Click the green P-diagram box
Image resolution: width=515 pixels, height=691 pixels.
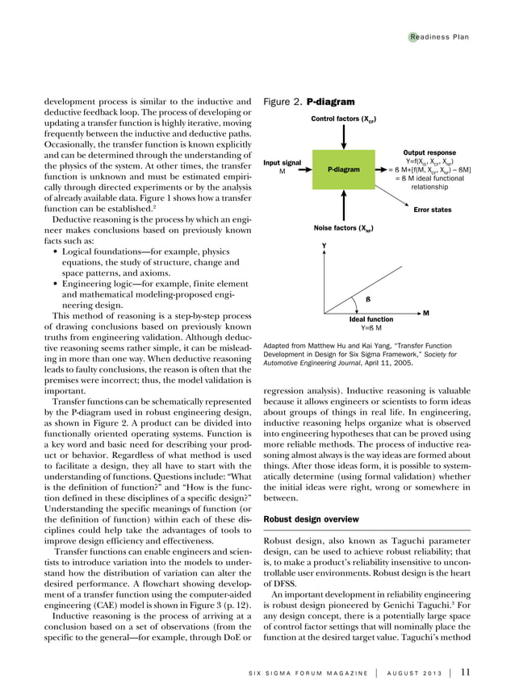coord(344,169)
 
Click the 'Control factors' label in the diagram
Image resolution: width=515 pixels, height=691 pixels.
coord(343,120)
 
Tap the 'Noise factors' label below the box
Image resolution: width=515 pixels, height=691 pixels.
coord(343,227)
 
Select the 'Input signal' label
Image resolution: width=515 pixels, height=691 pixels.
coord(283,163)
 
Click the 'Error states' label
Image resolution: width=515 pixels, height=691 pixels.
coord(432,210)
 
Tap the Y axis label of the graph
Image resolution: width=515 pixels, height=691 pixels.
coord(324,245)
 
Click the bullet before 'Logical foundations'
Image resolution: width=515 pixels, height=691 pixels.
coord(53,239)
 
